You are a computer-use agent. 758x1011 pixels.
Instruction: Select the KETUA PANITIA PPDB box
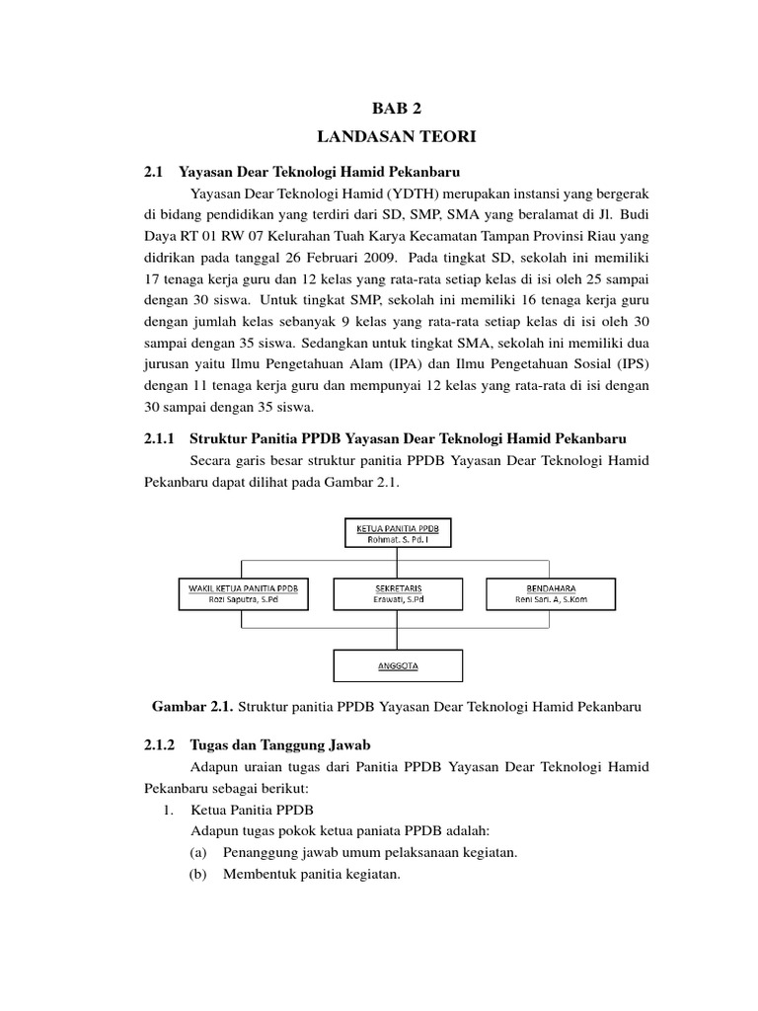tap(397, 533)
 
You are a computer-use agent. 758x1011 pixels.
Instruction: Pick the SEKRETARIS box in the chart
tap(397, 593)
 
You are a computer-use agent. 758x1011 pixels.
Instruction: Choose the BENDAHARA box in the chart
tap(551, 593)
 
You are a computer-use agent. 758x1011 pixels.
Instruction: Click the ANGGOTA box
tap(397, 665)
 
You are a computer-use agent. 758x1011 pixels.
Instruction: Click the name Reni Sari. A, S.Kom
tap(551, 600)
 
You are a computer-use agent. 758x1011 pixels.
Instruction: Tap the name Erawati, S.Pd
tap(397, 600)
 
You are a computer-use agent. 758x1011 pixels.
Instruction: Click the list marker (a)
tap(199, 852)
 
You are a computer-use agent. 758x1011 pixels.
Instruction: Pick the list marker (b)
tap(199, 874)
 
